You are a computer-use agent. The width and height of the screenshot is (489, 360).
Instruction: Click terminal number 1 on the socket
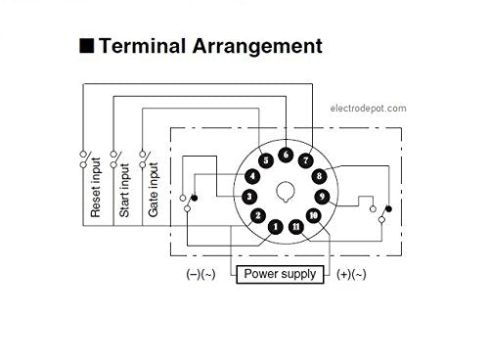(276, 227)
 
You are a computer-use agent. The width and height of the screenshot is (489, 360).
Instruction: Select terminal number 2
(257, 214)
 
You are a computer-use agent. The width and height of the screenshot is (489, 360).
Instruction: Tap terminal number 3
(248, 196)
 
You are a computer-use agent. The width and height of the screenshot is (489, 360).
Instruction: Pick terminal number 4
(252, 176)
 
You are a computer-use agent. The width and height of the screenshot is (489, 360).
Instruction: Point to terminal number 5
(265, 159)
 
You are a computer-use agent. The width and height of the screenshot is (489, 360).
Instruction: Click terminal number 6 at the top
(286, 154)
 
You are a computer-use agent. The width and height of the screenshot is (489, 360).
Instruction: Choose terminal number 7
(305, 159)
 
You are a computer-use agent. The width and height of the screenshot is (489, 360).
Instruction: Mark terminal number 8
(319, 176)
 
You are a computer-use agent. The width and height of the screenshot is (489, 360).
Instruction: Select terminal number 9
(322, 196)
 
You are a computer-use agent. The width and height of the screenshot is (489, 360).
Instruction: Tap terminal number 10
(313, 214)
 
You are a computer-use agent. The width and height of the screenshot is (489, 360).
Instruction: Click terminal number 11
(295, 227)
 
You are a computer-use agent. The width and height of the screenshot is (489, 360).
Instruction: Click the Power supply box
(280, 274)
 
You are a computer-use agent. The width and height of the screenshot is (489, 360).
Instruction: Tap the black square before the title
(86, 46)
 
